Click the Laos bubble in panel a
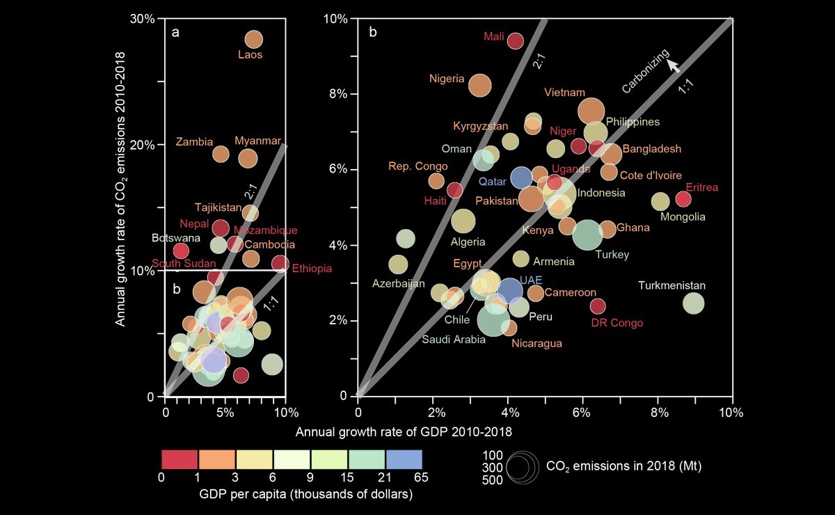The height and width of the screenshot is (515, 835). click(x=254, y=40)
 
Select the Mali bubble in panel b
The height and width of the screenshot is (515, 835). click(x=515, y=41)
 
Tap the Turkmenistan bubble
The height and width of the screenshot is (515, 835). click(x=693, y=303)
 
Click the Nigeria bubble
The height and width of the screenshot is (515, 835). click(x=479, y=85)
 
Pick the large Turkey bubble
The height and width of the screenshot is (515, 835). click(x=588, y=235)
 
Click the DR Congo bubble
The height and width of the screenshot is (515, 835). click(x=598, y=306)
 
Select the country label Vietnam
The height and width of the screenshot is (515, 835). click(x=564, y=93)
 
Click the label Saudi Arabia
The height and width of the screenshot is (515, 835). click(x=454, y=340)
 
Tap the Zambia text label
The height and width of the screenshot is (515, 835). click(x=195, y=141)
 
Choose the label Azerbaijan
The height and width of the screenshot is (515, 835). click(x=399, y=284)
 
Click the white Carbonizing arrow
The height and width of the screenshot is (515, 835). click(x=673, y=66)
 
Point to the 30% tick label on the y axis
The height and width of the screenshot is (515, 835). click(x=142, y=19)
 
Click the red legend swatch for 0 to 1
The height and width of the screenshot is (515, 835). click(x=180, y=459)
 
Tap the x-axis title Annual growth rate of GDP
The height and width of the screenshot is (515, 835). click(x=404, y=431)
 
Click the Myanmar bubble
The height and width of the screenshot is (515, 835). click(x=248, y=159)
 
